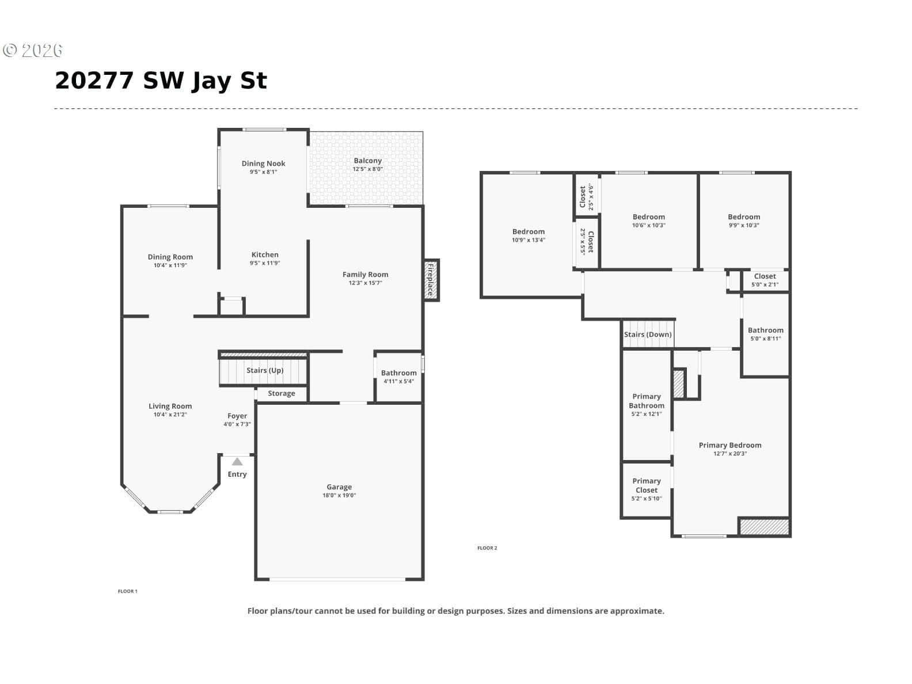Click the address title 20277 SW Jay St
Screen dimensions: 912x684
point(161,81)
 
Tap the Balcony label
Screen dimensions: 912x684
point(367,161)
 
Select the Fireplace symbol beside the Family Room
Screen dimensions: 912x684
point(431,280)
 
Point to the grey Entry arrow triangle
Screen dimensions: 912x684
point(237,461)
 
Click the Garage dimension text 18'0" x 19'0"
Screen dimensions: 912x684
point(339,495)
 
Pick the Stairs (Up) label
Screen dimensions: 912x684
point(265,370)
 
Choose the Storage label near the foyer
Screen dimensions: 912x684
point(282,393)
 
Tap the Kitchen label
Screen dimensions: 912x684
point(265,254)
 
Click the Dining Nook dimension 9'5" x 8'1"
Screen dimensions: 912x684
point(263,172)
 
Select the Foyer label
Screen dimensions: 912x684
point(237,416)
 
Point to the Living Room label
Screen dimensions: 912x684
point(170,406)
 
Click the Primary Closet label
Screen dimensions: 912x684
point(646,485)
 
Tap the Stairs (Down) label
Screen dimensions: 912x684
point(647,335)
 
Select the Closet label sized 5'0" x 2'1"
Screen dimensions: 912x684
point(765,276)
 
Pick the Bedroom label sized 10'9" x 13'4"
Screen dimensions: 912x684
point(528,231)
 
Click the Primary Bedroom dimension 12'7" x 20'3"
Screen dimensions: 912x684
point(729,454)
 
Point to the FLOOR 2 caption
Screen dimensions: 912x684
point(487,548)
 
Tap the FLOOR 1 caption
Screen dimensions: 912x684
point(127,591)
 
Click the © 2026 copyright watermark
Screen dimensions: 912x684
point(32,50)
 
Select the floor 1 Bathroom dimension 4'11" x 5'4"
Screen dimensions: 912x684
point(398,381)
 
